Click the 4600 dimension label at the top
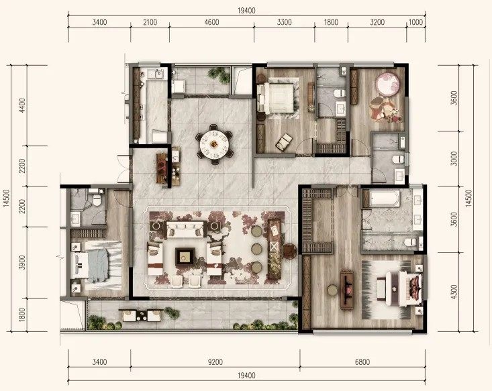tap(211, 22)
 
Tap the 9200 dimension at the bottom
tap(215, 362)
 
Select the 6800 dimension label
tap(362, 362)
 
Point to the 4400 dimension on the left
tap(22, 106)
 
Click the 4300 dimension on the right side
tap(454, 292)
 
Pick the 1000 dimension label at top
tap(415, 22)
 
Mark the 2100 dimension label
tap(150, 22)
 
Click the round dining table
tap(215, 144)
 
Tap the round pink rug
tap(387, 82)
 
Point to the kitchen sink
tap(159, 74)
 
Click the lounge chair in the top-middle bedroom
tap(285, 142)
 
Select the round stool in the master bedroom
tap(332, 290)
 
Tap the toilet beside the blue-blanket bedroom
tap(97, 200)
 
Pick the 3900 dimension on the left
tap(22, 262)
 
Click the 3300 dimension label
tap(285, 22)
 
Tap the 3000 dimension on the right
tap(454, 159)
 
